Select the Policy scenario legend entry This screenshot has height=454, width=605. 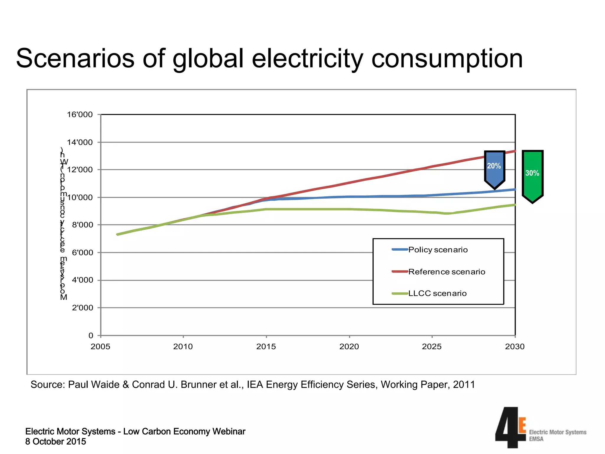tap(438, 250)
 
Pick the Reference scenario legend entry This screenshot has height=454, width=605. tap(446, 272)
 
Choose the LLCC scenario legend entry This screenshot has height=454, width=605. tap(437, 293)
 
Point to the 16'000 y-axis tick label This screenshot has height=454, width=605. tap(80, 114)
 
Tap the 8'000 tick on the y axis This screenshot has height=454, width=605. tap(82, 225)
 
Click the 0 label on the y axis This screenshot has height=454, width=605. tap(91, 335)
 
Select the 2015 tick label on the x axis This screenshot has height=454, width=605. tap(266, 346)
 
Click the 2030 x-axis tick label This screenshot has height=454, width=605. tap(515, 346)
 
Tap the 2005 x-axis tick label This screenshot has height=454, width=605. tap(100, 346)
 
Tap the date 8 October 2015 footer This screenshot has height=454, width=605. tap(56, 442)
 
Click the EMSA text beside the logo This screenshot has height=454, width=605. tap(536, 439)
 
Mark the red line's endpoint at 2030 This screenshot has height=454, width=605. tap(515, 151)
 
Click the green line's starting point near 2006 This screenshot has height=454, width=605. tap(118, 234)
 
